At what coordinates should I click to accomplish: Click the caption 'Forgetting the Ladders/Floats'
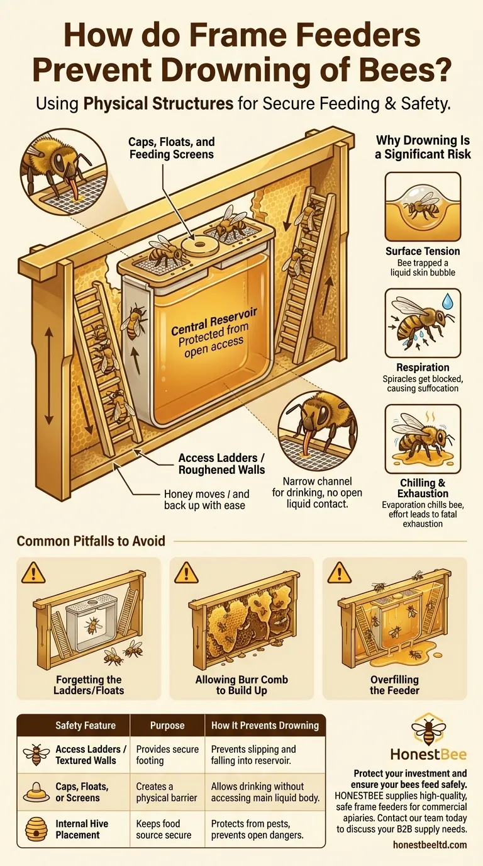click(88, 685)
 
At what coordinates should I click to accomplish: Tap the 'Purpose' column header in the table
click(167, 725)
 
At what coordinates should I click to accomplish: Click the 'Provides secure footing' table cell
click(167, 755)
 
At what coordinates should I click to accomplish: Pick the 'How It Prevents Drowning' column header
click(265, 725)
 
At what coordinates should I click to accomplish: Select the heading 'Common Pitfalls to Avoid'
click(91, 541)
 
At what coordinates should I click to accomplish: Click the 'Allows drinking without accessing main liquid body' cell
click(258, 792)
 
